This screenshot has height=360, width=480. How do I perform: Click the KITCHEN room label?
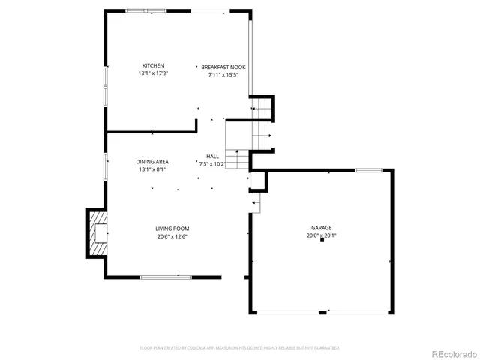point(153,65)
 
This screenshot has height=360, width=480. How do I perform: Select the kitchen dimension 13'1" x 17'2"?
point(153,73)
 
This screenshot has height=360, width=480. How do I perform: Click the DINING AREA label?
point(152,162)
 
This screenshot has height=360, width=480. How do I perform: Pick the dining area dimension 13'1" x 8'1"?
point(152,169)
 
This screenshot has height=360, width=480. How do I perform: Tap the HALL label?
point(213,156)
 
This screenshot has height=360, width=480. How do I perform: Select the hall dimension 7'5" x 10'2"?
point(213,163)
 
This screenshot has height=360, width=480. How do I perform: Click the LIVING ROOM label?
point(172,229)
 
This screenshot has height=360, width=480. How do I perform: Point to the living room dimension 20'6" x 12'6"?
point(172,236)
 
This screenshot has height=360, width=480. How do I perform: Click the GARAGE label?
point(322,227)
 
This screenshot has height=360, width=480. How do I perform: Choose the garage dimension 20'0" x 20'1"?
point(322,235)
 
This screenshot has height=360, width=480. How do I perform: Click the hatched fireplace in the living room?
point(98,232)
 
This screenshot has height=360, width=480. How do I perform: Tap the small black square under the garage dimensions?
point(322,241)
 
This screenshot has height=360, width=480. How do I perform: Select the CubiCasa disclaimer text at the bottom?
point(240,348)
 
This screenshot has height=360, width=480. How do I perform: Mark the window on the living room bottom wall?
point(160,277)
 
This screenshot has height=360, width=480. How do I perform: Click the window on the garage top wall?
point(369,170)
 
